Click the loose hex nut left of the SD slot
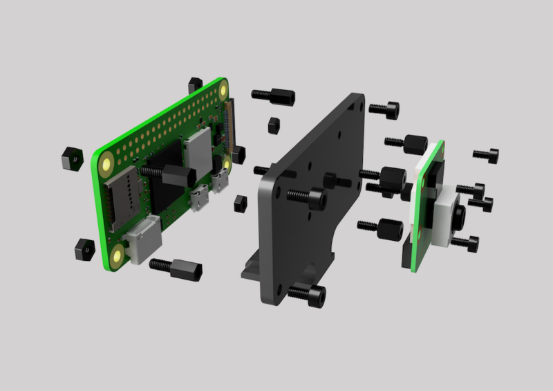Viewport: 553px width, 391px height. point(71,157)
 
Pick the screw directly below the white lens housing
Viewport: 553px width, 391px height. point(464,243)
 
